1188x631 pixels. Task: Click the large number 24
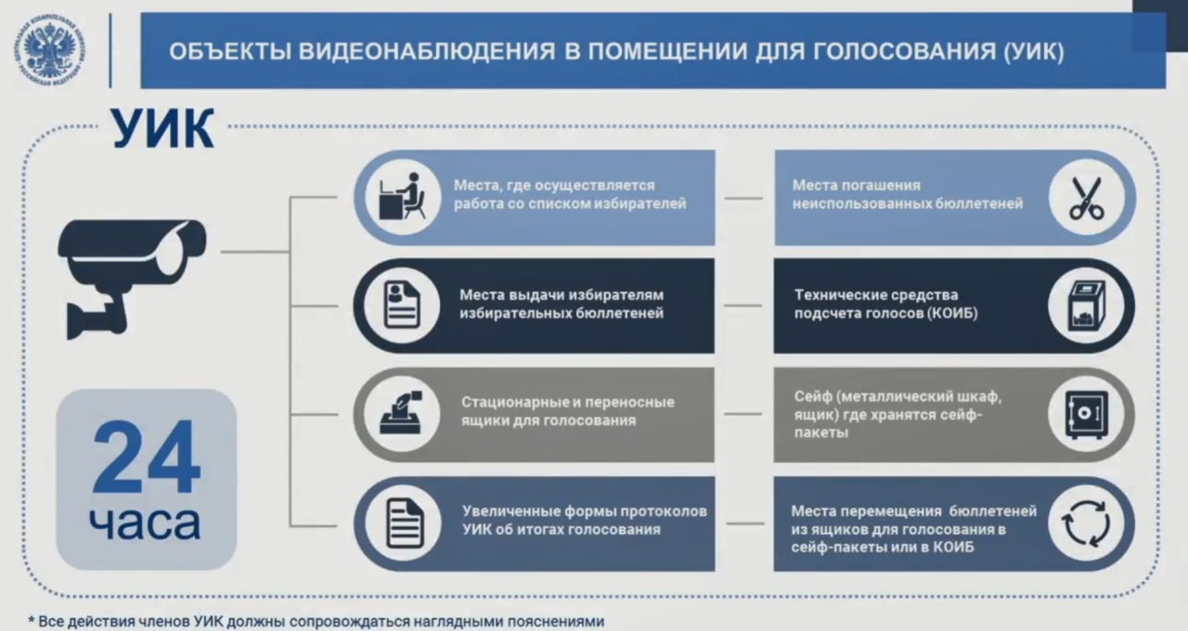coord(146,458)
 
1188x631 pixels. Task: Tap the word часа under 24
coord(145,523)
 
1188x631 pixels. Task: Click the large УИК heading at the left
coord(163,129)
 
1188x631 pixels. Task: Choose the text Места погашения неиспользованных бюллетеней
coord(907,194)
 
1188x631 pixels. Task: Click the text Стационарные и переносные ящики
coord(568,411)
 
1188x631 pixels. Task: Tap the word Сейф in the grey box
coord(811,397)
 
